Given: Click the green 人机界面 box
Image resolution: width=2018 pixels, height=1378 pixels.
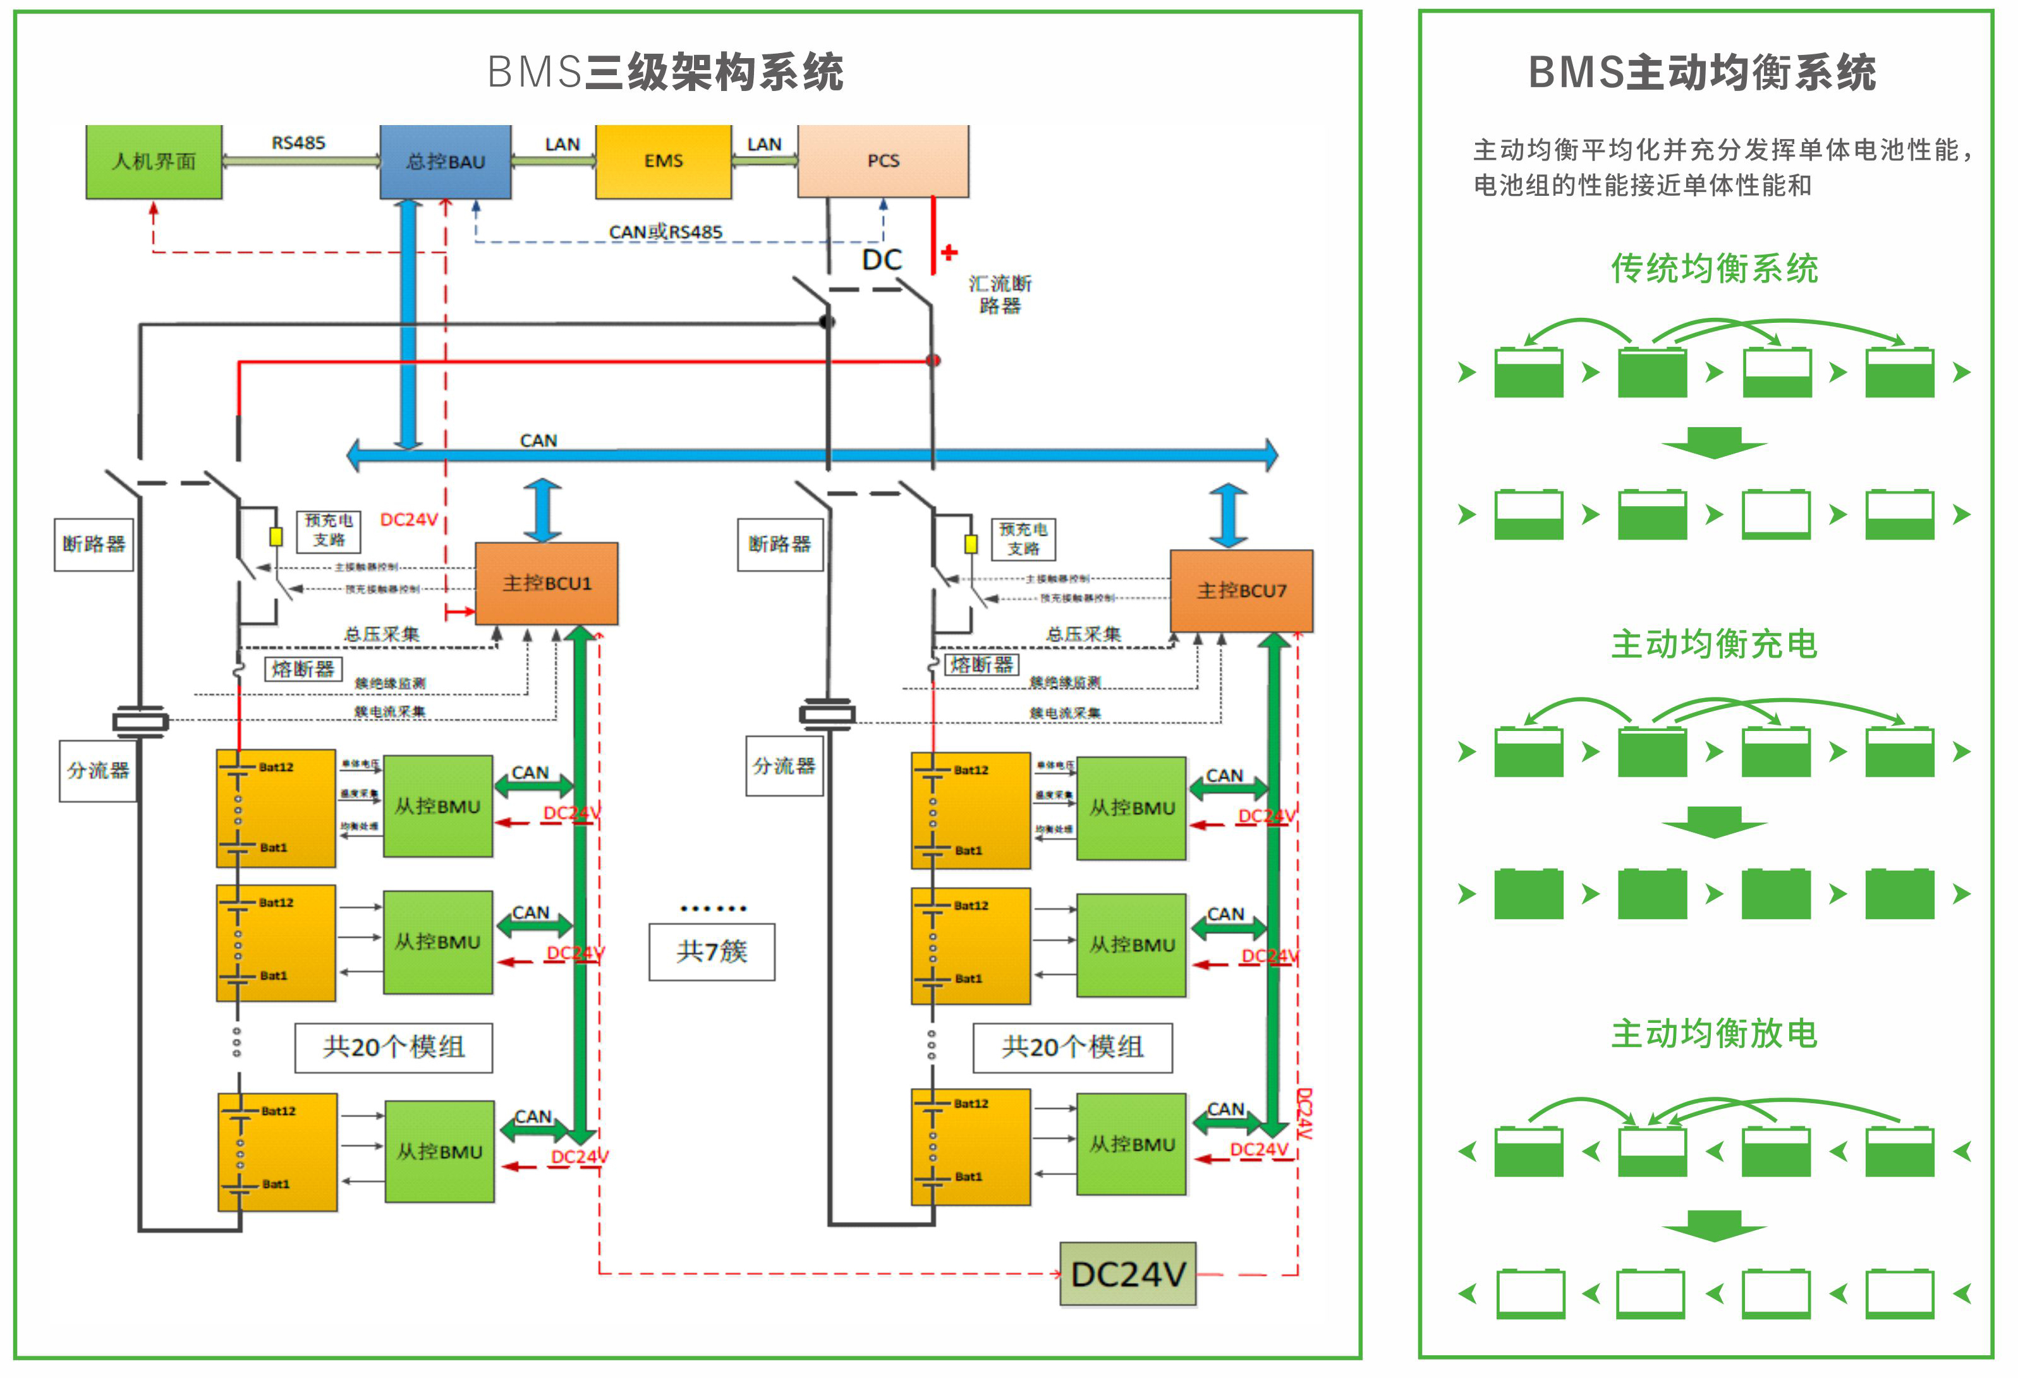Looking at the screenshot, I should pos(154,162).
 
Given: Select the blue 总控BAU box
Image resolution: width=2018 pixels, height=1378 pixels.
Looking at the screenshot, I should pos(446,162).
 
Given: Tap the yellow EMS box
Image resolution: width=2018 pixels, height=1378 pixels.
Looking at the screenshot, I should pos(664,162).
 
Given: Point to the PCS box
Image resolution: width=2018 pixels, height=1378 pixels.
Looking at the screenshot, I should pos(883,162).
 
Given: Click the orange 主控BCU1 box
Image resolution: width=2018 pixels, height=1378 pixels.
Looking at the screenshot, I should pos(546,584).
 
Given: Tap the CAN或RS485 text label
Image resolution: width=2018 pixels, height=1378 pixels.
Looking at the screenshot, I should pos(665,232).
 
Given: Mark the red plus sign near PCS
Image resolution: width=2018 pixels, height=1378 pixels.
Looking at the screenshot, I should pos(949,253).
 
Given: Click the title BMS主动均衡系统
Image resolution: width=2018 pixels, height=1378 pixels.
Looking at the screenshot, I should pos(1702,72).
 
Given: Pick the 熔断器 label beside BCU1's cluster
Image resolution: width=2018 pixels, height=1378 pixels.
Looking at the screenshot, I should pos(303,668).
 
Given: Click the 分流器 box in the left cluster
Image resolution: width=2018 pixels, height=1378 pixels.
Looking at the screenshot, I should pos(98,770).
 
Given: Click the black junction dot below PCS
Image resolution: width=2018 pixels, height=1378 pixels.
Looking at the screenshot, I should pos(827,322).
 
